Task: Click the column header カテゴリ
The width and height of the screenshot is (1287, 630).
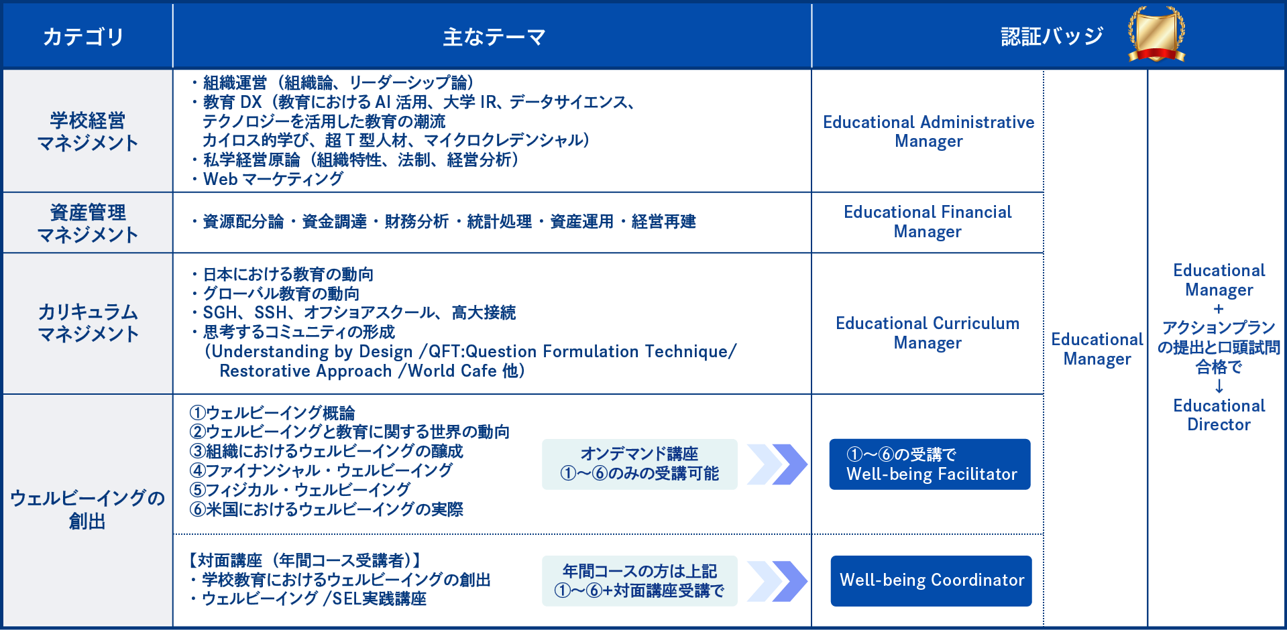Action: (x=84, y=36)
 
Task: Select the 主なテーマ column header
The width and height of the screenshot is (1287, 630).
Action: (x=494, y=36)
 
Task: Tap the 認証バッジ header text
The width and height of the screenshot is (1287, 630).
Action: (x=1052, y=36)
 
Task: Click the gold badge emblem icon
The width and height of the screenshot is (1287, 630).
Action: (x=1156, y=34)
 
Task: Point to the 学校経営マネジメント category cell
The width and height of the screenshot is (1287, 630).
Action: (x=87, y=131)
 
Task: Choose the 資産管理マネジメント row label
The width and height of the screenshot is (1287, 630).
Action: (x=87, y=223)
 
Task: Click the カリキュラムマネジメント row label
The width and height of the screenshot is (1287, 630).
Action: (x=87, y=322)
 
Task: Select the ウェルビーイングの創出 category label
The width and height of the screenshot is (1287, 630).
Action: (x=87, y=509)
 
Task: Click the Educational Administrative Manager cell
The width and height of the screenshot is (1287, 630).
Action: (x=928, y=131)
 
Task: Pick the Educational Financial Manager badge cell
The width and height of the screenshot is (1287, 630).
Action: (x=928, y=222)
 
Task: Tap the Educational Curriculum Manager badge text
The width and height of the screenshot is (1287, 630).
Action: (x=928, y=332)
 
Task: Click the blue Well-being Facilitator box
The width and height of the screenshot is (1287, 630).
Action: (x=930, y=464)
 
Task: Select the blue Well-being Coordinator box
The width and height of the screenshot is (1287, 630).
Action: (x=931, y=580)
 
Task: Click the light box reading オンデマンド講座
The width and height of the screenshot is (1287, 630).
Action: (x=639, y=464)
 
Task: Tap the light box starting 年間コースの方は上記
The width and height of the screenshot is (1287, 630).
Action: (x=639, y=580)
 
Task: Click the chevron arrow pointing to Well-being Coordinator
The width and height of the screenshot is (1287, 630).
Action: (x=777, y=580)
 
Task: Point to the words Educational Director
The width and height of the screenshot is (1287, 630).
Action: (x=1219, y=415)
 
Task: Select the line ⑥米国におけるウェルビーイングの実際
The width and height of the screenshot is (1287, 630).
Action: (x=327, y=509)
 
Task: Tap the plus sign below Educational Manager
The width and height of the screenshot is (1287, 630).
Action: (x=1219, y=309)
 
